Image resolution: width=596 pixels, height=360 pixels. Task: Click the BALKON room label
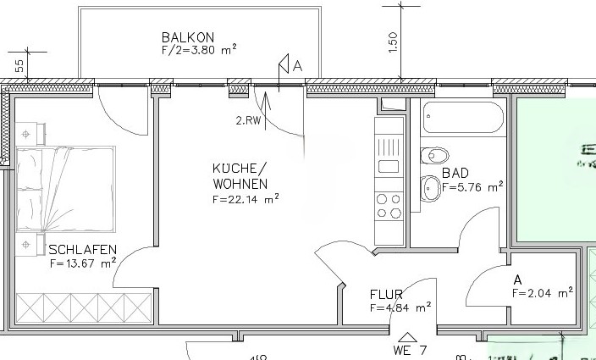pyautogui.click(x=188, y=37)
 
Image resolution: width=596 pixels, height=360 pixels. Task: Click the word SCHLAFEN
pyautogui.click(x=82, y=250)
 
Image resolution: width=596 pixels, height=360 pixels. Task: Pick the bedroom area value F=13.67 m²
pyautogui.click(x=82, y=263)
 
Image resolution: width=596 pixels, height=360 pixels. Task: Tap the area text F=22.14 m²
pyautogui.click(x=246, y=200)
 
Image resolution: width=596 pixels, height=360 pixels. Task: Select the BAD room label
pyautogui.click(x=455, y=173)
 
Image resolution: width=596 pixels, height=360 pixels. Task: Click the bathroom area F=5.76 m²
pyautogui.click(x=472, y=186)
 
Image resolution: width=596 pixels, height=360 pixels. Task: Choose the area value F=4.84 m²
pyautogui.click(x=401, y=307)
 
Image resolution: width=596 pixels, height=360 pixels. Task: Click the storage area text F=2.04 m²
pyautogui.click(x=543, y=292)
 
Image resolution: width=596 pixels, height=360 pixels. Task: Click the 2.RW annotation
pyautogui.click(x=248, y=119)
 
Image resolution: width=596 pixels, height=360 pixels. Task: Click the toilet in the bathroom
pyautogui.click(x=435, y=156)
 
